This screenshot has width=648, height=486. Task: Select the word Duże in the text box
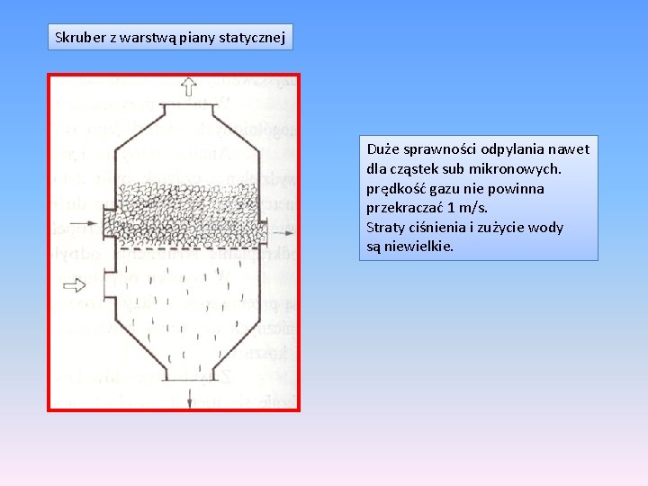(383, 148)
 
